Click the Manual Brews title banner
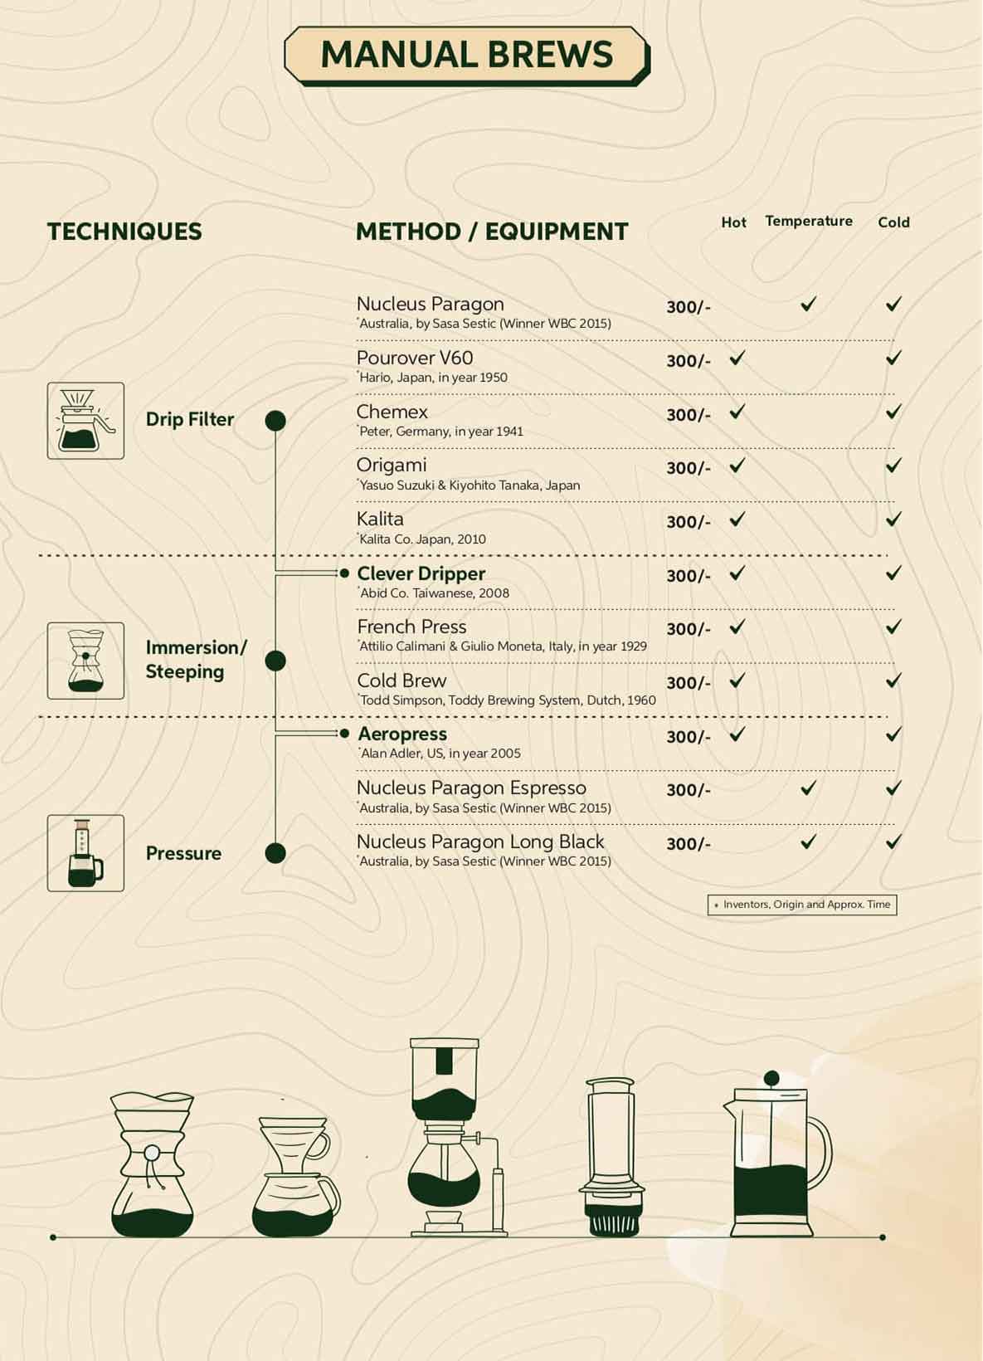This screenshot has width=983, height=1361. point(466,56)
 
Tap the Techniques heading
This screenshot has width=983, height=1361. point(124,232)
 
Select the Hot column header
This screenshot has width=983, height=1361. point(733,222)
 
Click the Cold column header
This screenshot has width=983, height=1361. point(893,222)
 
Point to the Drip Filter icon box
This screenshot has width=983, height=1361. point(85,421)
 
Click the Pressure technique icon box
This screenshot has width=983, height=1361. point(85,853)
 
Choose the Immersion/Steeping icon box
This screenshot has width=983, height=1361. point(85,661)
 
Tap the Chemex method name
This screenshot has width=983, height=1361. point(392,412)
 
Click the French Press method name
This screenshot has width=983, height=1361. point(411,627)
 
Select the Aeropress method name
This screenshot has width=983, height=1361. point(402,734)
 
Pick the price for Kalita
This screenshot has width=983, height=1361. point(689,522)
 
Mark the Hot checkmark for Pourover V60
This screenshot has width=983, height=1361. point(737,359)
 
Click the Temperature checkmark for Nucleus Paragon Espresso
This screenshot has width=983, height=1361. point(809,788)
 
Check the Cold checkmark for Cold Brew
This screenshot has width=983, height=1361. point(893,680)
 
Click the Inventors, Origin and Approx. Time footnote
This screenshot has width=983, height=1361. point(802,905)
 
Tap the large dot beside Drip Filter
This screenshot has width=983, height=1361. point(275,421)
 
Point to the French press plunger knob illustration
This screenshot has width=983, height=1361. point(771,1078)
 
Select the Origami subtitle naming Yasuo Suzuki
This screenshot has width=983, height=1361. point(470,485)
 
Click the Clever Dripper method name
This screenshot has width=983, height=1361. point(421,573)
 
